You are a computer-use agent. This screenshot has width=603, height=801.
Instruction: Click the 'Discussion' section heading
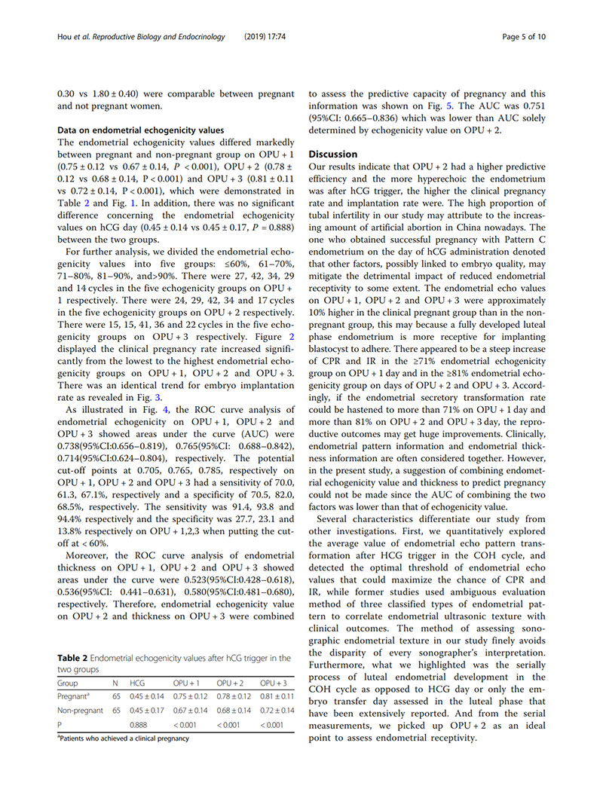[337, 154]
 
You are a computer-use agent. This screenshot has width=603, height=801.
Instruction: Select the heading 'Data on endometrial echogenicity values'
[141, 130]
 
